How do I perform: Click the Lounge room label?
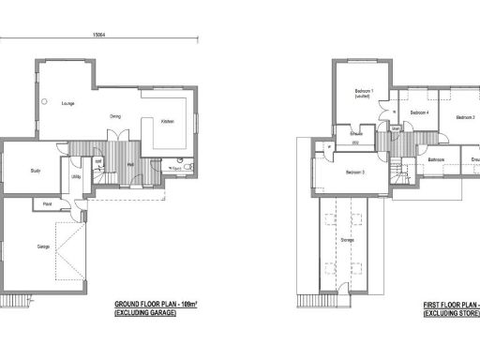67,102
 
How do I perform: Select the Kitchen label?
166,122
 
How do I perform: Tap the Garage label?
43,247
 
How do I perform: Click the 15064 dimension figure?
97,35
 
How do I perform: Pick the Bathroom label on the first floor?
436,159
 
